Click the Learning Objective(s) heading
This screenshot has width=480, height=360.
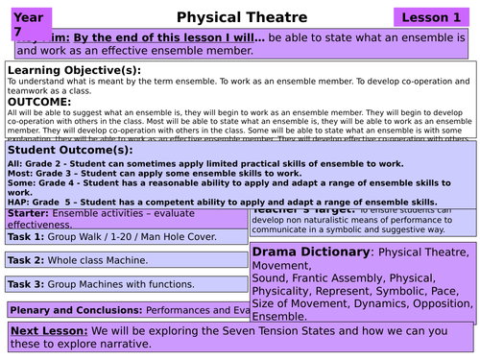tap(74, 70)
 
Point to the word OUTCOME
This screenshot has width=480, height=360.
tap(40, 102)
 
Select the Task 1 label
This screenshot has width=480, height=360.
tap(25, 236)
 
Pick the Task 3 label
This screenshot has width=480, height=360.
tap(25, 284)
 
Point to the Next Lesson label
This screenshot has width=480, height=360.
tap(49, 330)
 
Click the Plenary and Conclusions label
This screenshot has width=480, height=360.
tap(75, 310)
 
